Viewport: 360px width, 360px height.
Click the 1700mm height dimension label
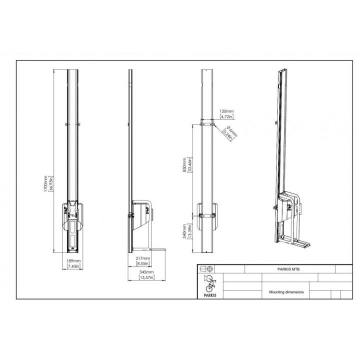pyautogui.click(x=45, y=183)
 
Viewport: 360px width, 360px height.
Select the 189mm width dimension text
pyautogui.click(x=73, y=261)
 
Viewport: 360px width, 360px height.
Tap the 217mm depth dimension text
pyautogui.click(x=143, y=258)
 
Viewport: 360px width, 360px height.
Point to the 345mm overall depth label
pyautogui.click(x=146, y=272)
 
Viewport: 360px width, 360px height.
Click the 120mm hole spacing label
pyautogui.click(x=226, y=111)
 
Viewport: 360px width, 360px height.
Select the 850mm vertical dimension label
pyautogui.click(x=184, y=165)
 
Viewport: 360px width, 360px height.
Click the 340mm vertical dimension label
pyautogui.click(x=184, y=231)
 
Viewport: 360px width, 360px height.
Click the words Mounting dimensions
pyautogui.click(x=286, y=292)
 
